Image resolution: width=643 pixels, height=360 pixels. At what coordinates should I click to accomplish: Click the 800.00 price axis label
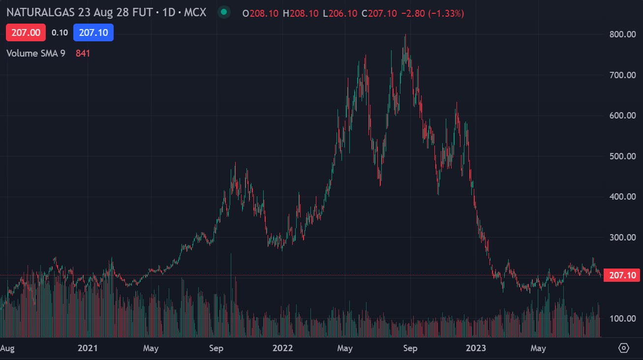click(x=622, y=34)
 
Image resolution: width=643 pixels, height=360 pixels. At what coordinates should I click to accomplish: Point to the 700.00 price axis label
click(x=622, y=75)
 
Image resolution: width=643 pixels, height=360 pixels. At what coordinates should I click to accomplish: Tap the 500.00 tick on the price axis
click(x=622, y=156)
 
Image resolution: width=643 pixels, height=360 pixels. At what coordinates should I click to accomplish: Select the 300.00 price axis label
click(x=622, y=238)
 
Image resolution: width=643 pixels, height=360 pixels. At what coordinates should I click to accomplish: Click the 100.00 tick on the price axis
click(x=622, y=319)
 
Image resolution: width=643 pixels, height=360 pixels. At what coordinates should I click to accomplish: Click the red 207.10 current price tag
click(x=623, y=275)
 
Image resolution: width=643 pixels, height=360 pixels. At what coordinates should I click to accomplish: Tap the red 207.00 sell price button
click(x=26, y=32)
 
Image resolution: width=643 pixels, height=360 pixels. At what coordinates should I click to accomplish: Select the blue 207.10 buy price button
click(x=93, y=32)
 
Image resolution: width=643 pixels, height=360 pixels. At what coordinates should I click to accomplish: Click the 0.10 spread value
click(x=60, y=32)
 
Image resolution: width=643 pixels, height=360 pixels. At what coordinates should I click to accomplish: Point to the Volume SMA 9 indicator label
click(x=35, y=53)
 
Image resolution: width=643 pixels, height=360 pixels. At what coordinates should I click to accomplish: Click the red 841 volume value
click(x=83, y=53)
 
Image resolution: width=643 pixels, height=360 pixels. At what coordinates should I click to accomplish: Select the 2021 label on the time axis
click(x=88, y=348)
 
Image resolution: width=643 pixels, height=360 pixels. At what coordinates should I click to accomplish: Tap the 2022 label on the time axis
click(x=282, y=348)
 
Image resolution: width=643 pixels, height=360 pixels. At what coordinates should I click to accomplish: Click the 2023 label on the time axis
click(x=476, y=348)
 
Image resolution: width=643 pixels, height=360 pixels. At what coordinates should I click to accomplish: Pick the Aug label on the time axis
click(x=7, y=348)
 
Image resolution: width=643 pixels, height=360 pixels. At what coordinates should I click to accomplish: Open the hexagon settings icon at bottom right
click(x=623, y=348)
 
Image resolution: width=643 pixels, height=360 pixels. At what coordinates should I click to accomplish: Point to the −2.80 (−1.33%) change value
click(x=432, y=13)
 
